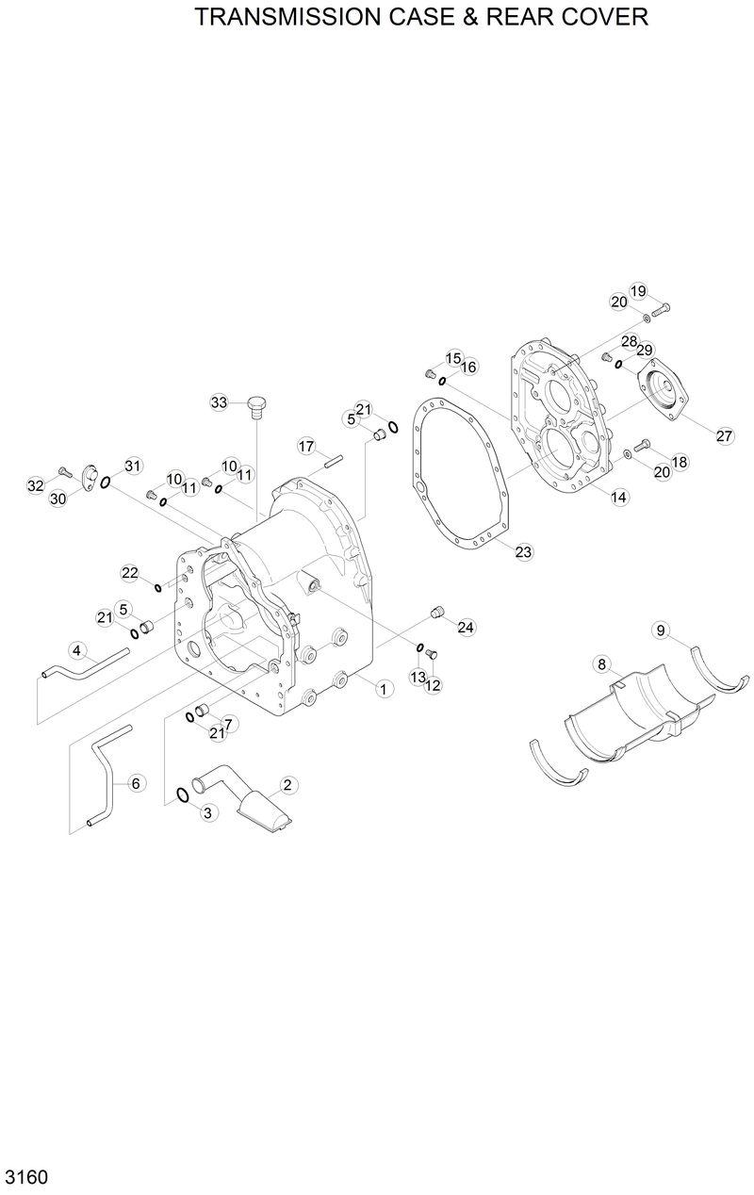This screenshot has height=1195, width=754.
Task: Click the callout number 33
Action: [x=219, y=402]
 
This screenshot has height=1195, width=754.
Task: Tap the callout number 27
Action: [x=723, y=435]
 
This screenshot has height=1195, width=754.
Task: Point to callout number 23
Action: [x=523, y=552]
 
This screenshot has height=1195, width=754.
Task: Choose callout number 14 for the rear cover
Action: [x=618, y=497]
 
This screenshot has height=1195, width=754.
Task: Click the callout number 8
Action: [x=601, y=665]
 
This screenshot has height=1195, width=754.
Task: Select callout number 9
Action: [x=662, y=630]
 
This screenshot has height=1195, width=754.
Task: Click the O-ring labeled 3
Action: [x=183, y=797]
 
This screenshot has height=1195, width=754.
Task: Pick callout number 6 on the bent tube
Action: [x=136, y=782]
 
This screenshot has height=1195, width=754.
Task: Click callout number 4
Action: [x=77, y=649]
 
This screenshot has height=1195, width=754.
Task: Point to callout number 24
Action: [x=465, y=627]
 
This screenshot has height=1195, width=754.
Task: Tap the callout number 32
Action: [x=36, y=485]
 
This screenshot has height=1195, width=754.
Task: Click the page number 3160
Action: [x=26, y=1177]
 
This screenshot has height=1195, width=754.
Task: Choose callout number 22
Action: [x=129, y=573]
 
